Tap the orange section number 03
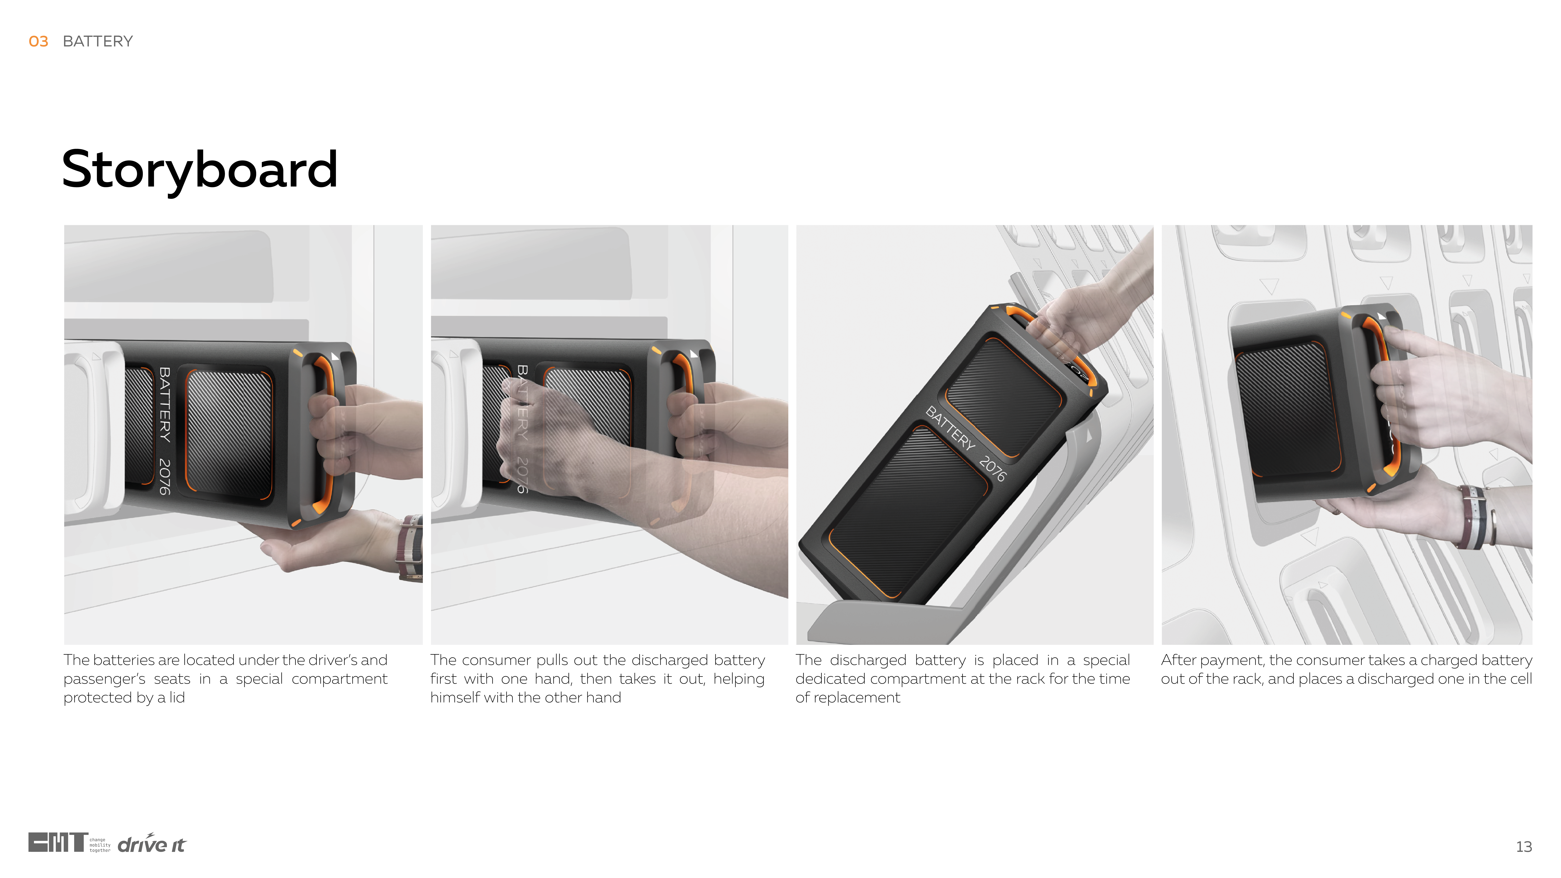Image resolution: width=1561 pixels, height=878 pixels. (38, 41)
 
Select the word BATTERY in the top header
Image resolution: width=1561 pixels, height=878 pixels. (98, 41)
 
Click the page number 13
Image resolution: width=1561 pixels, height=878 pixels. (1523, 847)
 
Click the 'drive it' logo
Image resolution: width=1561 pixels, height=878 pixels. (151, 844)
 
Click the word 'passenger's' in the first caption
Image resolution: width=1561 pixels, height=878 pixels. (104, 679)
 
